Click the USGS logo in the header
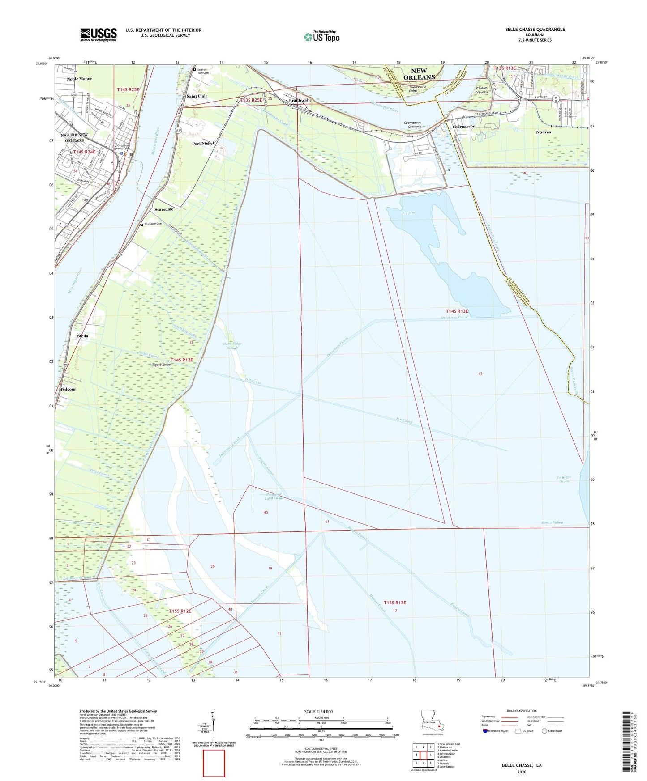[99, 34]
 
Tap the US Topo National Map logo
[321, 37]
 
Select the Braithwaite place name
[300, 100]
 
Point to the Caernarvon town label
[464, 127]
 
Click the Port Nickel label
[203, 144]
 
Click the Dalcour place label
[68, 389]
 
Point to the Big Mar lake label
[409, 212]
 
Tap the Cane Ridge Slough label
[232, 346]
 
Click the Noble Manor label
[79, 79]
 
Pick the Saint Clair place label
[197, 96]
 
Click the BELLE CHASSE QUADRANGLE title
[535, 30]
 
